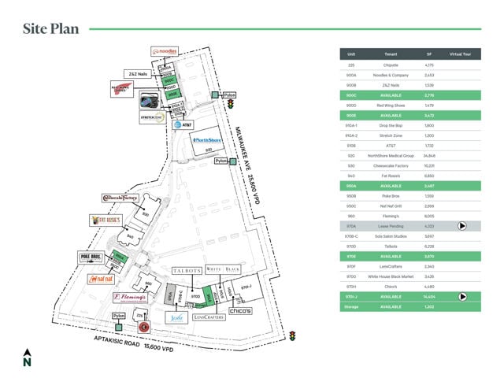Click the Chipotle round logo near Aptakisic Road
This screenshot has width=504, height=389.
point(144,325)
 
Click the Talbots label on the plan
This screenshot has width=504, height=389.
point(187,270)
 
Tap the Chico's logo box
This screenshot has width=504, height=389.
point(240,311)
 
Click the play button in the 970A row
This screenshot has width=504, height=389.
point(462,225)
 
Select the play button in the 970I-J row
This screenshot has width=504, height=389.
point(462,296)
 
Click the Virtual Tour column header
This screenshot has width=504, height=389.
point(460,54)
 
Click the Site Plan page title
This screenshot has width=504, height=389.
point(50,29)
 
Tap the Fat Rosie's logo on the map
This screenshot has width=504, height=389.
point(105,220)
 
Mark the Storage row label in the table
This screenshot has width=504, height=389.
point(351,306)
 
